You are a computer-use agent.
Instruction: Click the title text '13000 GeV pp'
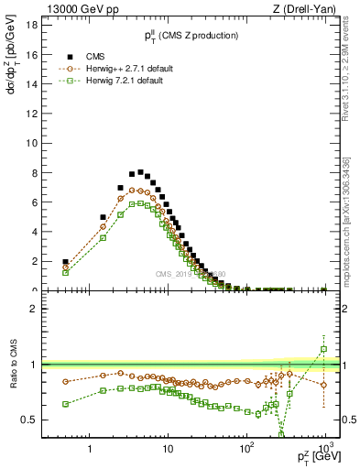tap(78, 9)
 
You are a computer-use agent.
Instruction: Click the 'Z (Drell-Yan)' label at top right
tap(307, 9)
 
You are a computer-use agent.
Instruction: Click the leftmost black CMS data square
tap(65, 261)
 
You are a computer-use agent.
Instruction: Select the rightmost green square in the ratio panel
tap(323, 349)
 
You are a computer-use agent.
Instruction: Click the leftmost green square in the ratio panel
tap(65, 404)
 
